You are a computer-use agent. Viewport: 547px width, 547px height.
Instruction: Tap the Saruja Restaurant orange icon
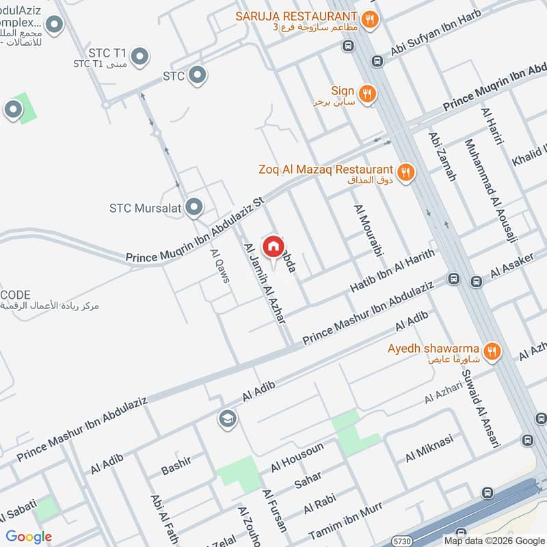click(x=370, y=19)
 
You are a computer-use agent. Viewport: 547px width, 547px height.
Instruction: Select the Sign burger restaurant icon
click(x=368, y=94)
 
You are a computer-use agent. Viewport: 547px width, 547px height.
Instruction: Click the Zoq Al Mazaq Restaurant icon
click(x=406, y=172)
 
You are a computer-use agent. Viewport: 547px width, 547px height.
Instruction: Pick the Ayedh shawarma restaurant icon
click(x=491, y=351)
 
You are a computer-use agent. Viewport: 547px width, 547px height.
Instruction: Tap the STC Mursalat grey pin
click(x=195, y=206)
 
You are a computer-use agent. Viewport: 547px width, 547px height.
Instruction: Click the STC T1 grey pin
click(x=139, y=57)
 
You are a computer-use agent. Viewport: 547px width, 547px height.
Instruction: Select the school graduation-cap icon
click(x=227, y=419)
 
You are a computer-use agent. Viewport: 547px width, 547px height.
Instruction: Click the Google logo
click(x=29, y=537)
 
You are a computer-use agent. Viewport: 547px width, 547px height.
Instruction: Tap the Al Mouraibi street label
click(x=367, y=230)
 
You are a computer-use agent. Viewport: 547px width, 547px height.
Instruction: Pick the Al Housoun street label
click(x=297, y=457)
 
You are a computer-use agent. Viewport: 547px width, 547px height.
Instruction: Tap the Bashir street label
click(x=175, y=465)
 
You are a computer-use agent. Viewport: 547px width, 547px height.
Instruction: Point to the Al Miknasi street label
click(x=429, y=448)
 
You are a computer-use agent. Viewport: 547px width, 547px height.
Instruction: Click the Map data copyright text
click(x=491, y=539)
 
